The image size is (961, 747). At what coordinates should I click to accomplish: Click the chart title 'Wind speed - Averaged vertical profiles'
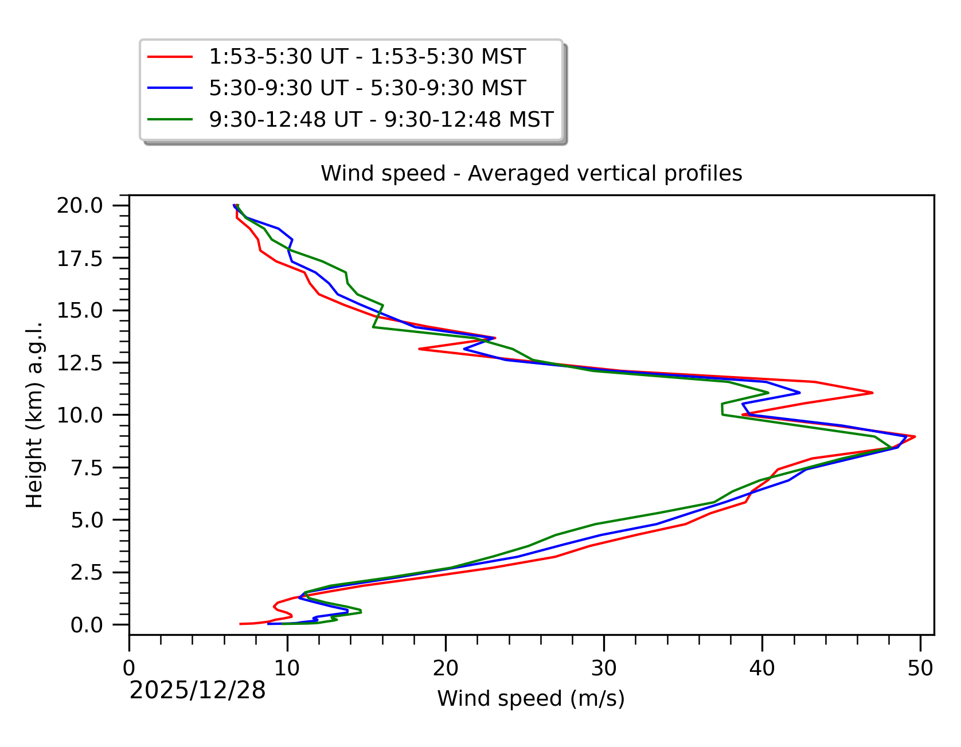click(531, 173)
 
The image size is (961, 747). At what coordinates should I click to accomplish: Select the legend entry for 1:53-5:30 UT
click(367, 57)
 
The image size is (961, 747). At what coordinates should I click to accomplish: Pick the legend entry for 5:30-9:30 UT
click(367, 88)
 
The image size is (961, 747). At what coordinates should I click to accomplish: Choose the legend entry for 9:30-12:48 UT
click(381, 119)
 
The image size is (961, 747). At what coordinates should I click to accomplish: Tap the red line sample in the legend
click(170, 57)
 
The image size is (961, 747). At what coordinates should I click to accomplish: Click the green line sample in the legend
click(170, 119)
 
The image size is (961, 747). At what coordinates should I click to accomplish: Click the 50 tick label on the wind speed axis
click(920, 668)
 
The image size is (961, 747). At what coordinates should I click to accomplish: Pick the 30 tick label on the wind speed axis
click(604, 668)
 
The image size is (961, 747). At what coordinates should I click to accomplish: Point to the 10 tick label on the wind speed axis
click(287, 668)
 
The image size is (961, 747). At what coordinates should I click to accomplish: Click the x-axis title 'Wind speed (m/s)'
click(531, 698)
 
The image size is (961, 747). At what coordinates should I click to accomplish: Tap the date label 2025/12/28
click(197, 690)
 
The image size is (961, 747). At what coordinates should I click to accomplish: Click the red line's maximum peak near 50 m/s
click(915, 437)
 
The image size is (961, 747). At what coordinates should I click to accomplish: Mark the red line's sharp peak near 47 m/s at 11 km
click(872, 393)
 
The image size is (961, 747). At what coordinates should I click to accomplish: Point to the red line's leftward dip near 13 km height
click(420, 349)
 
